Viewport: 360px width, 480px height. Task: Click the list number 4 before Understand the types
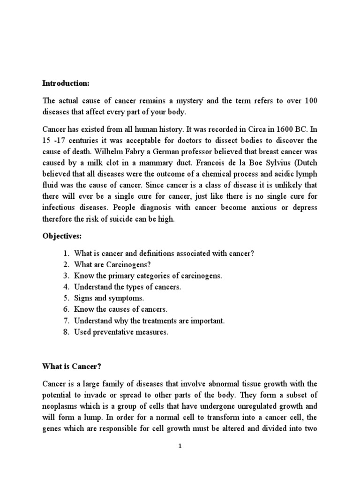66,286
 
